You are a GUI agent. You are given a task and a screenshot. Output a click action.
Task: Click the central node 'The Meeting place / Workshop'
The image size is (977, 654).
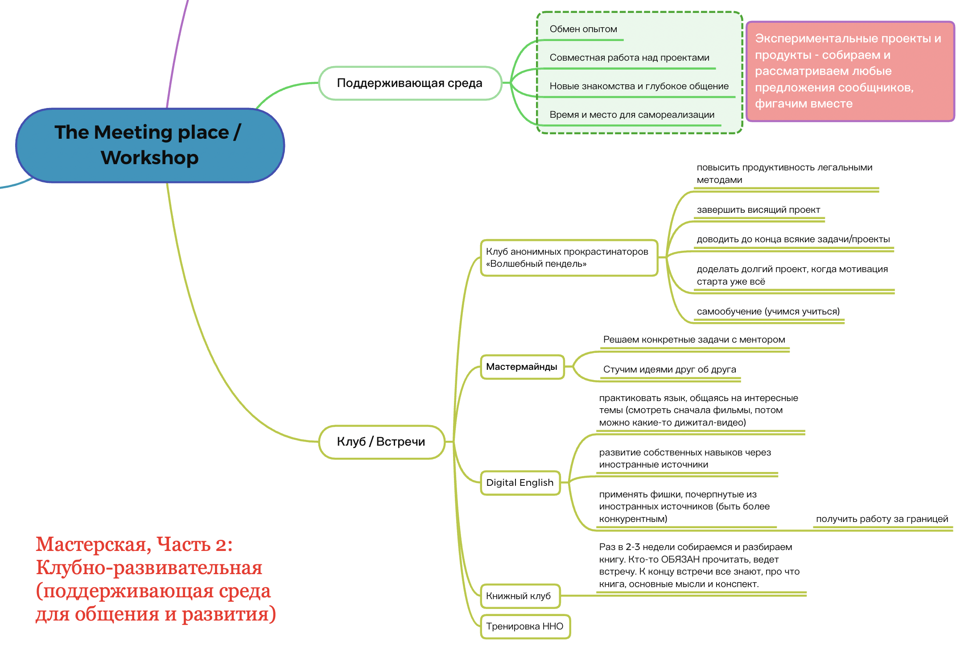[150, 145]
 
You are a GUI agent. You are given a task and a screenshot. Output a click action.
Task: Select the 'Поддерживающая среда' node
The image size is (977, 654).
[410, 83]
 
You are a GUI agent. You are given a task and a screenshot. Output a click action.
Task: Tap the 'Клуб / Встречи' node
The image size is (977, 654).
[381, 442]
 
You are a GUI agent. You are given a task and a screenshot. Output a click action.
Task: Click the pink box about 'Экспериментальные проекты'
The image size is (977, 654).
[850, 71]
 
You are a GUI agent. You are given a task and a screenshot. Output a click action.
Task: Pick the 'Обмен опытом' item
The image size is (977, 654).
[583, 29]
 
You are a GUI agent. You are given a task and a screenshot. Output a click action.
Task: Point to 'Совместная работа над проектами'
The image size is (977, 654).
[629, 58]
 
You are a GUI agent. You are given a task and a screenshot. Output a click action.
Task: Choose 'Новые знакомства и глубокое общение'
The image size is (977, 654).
[639, 86]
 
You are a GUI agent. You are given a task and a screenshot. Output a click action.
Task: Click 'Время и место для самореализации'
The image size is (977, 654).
[632, 115]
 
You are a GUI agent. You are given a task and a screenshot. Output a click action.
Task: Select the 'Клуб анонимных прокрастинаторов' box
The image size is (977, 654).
[569, 258]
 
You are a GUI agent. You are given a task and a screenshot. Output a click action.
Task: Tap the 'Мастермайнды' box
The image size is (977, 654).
[522, 367]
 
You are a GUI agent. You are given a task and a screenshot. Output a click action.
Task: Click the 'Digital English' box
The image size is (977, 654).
[520, 483]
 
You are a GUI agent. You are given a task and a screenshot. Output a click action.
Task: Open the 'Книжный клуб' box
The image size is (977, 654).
[520, 596]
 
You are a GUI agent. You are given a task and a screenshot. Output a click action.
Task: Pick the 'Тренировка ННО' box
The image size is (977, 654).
[525, 626]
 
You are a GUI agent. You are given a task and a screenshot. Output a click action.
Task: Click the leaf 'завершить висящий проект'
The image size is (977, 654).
[759, 210]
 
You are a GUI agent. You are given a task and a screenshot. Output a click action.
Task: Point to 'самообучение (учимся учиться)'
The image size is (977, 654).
[768, 311]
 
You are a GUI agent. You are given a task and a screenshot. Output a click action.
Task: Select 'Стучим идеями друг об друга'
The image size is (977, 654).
[670, 369]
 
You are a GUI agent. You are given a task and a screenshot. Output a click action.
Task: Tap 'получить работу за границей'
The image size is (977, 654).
[882, 519]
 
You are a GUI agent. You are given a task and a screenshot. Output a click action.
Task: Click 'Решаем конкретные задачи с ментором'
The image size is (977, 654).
[694, 339]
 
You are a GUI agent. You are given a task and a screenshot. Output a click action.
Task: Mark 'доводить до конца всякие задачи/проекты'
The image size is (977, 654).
[793, 240]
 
